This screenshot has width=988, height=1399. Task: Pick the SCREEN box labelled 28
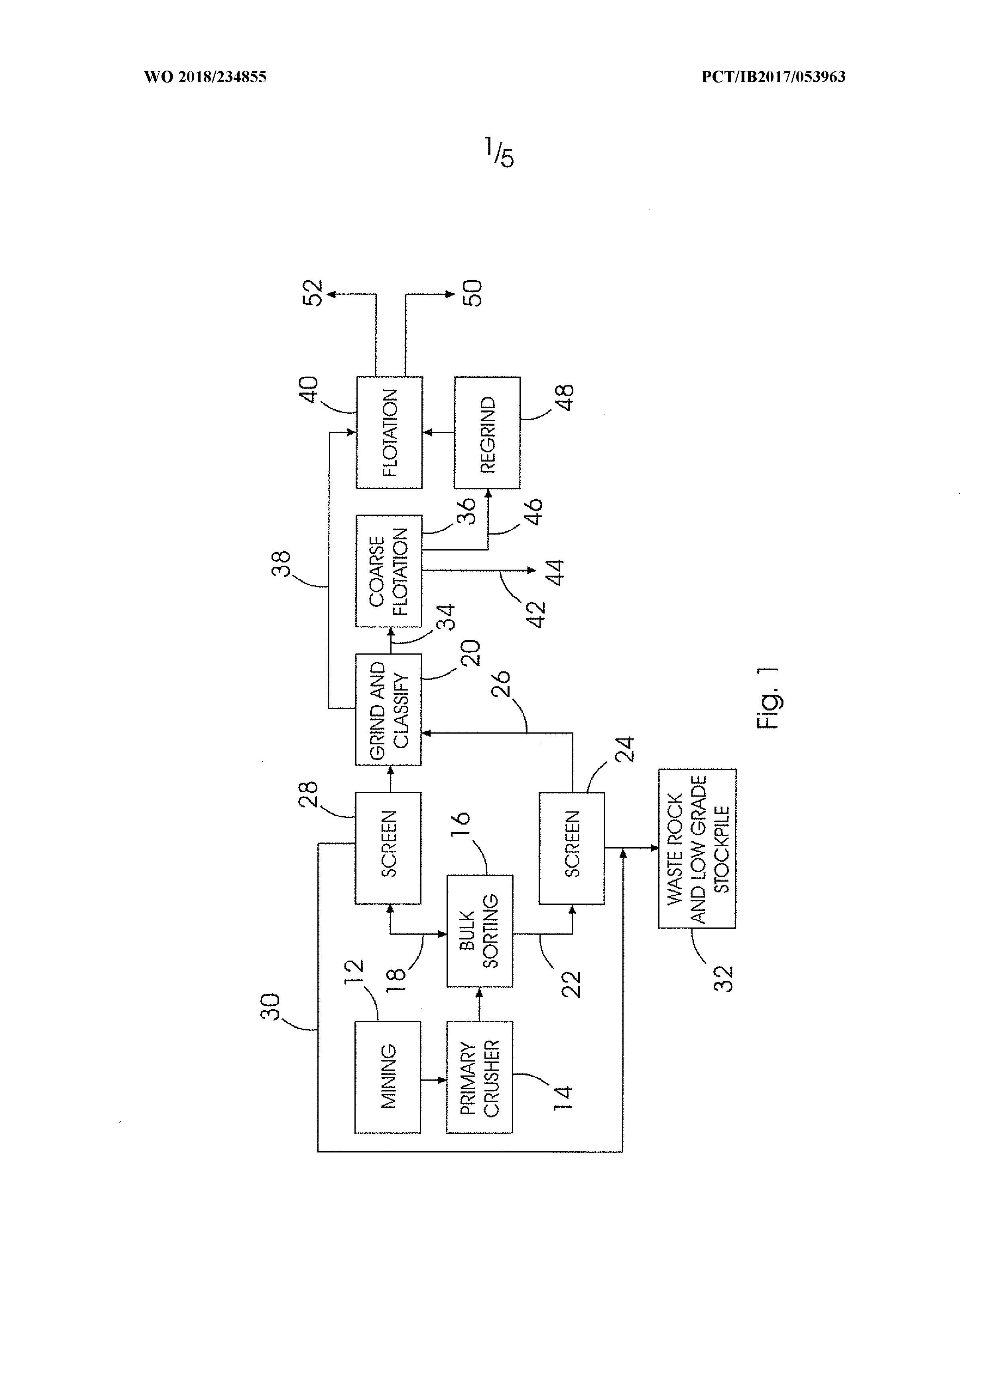click(x=388, y=848)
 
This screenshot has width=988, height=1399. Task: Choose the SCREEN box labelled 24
click(x=571, y=848)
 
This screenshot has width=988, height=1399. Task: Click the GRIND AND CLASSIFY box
click(x=388, y=709)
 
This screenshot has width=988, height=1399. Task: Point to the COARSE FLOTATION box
click(x=388, y=571)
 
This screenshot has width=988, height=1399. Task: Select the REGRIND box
click(x=487, y=432)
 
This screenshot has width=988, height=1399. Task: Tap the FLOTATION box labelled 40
click(x=389, y=432)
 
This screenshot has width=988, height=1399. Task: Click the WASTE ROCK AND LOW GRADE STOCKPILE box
click(x=697, y=849)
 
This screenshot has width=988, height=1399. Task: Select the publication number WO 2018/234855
click(x=205, y=77)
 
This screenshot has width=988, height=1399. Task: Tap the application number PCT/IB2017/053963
click(x=773, y=77)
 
